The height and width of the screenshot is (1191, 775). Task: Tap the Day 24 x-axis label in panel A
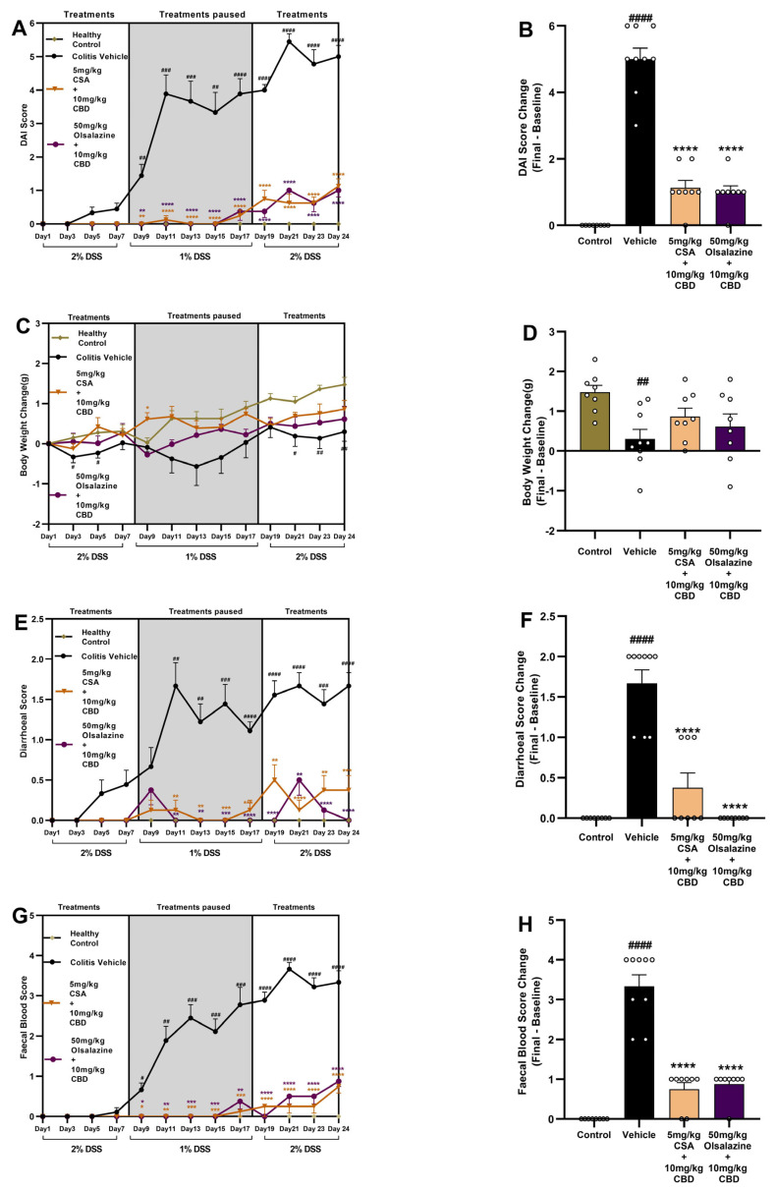[x=336, y=238]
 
